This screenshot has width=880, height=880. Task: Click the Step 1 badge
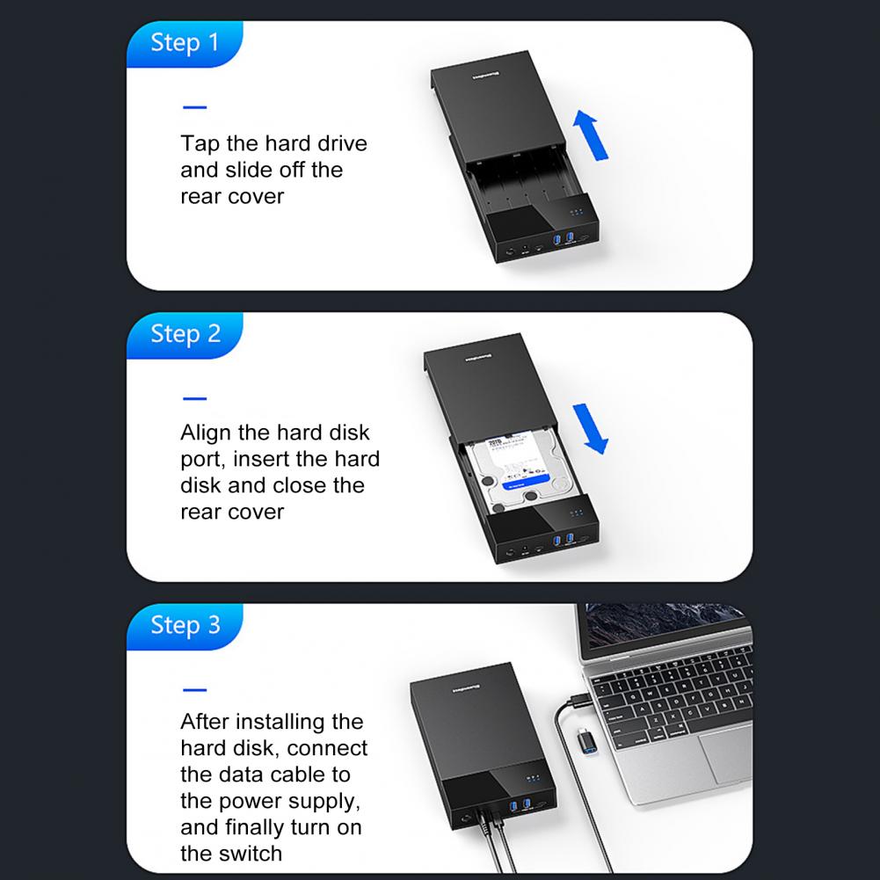(185, 43)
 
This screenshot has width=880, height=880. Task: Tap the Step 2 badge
(185, 334)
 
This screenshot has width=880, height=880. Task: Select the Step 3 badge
(185, 625)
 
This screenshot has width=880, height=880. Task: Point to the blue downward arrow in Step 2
(592, 427)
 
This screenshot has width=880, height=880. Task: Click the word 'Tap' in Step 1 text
(199, 143)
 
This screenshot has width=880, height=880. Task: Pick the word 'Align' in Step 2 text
(207, 433)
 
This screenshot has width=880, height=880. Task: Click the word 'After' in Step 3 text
(205, 722)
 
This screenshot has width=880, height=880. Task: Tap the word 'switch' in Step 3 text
(248, 853)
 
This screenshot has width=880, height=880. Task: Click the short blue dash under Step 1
(194, 108)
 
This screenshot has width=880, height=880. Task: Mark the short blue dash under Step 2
(194, 398)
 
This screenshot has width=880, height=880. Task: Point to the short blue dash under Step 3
(194, 689)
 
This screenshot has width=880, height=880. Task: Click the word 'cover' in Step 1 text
(257, 196)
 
